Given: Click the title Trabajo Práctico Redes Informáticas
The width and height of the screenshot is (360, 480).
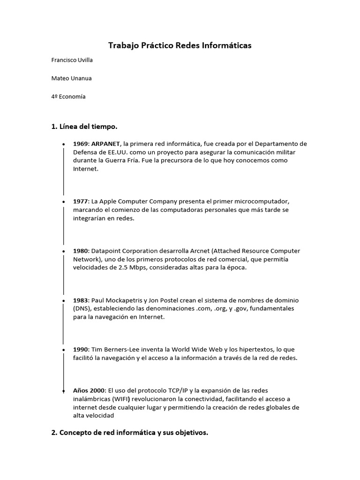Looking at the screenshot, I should [180, 45].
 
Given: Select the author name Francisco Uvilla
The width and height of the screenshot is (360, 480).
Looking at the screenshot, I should [75, 60].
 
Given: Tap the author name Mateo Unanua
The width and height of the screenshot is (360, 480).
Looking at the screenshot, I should [71, 78].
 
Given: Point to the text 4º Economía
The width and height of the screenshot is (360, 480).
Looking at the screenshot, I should [68, 97].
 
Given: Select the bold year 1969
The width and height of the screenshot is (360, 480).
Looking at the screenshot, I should [80, 144].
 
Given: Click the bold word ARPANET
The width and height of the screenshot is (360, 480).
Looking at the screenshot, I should [106, 144].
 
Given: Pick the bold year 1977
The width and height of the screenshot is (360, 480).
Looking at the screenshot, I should [80, 202].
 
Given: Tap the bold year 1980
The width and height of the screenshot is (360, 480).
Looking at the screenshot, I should [80, 251].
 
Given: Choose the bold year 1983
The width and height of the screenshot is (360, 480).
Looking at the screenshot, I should [80, 300].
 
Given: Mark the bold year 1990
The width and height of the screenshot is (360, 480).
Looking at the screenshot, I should [80, 350].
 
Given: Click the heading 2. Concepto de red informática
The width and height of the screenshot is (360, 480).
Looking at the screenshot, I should [129, 433].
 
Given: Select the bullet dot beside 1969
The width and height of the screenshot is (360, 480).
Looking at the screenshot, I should [63, 144].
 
